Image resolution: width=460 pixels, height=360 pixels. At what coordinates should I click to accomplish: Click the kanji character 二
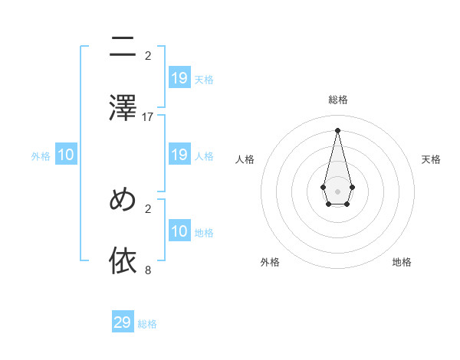(123, 47)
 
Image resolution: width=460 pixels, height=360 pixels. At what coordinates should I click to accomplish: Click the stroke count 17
(148, 116)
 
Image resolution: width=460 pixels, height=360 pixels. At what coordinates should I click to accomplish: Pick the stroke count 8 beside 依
(148, 270)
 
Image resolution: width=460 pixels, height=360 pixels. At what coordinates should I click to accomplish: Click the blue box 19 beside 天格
(179, 78)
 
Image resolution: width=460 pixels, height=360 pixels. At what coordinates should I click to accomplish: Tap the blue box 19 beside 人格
(179, 155)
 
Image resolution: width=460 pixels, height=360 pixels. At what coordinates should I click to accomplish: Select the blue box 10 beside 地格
(179, 231)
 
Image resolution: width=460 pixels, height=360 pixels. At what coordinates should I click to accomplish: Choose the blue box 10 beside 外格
(66, 155)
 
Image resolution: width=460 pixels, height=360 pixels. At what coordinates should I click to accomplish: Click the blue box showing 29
(123, 322)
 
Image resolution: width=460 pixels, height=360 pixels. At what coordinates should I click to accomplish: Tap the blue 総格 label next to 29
(147, 324)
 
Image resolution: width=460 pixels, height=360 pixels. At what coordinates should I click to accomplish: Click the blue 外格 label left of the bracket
(41, 156)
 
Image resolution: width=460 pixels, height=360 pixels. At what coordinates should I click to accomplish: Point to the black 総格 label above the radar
(338, 100)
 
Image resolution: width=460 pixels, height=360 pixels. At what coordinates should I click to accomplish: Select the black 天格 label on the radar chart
(431, 159)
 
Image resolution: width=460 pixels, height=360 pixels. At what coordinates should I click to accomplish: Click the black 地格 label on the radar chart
(402, 262)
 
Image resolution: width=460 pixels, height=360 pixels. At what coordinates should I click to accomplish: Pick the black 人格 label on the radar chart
(245, 159)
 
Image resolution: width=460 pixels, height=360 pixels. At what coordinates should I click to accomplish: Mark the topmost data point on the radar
(337, 129)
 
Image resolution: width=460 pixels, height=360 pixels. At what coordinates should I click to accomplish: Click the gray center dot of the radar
(337, 191)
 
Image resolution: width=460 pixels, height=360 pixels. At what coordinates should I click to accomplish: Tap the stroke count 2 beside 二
(148, 55)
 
